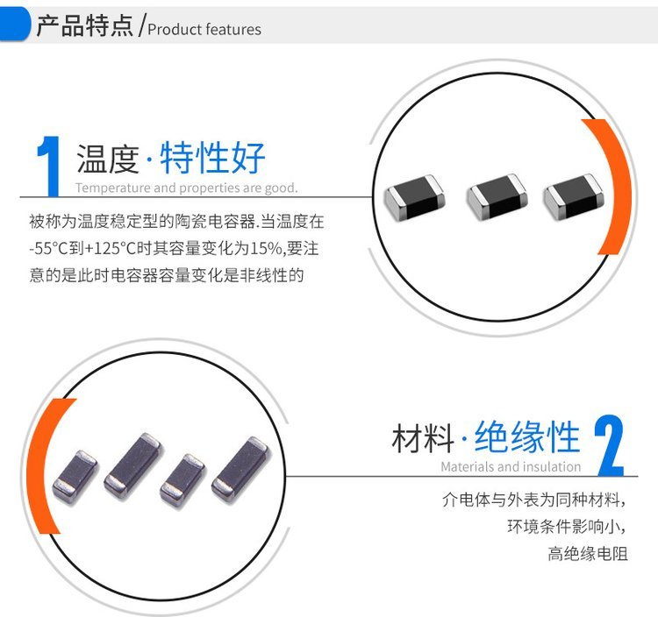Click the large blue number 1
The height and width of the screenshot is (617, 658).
pos(49,167)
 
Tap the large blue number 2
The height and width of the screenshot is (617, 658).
pos(610,445)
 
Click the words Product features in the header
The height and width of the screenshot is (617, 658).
pos(204,29)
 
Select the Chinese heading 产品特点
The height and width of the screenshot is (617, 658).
pos(85,25)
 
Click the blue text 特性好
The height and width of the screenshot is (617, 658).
pos(212,157)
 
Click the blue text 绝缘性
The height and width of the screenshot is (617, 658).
pos(527,436)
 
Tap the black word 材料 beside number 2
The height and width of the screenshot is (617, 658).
pos(423,437)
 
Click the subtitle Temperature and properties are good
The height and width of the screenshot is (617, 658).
pos(187,188)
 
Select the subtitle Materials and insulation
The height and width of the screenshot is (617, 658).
pos(511,466)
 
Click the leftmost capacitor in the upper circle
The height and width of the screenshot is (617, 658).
pos(415,196)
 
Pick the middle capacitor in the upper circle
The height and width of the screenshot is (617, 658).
pos(497,196)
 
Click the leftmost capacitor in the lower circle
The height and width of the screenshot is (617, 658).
pos(75,478)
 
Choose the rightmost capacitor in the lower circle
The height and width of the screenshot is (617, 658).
pos(240,469)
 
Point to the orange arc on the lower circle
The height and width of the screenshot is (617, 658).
pos(39,465)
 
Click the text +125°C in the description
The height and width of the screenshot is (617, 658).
pos(111,249)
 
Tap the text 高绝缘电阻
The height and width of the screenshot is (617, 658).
pos(588,554)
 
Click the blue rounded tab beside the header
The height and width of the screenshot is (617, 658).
pos(15,25)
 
